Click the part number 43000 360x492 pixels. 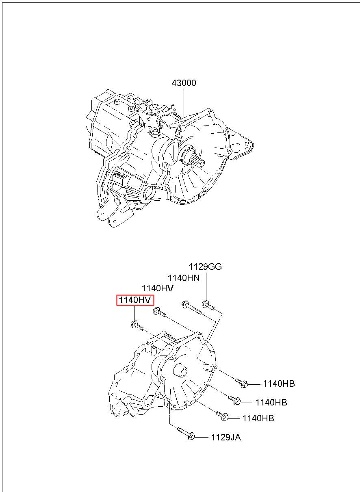coord(184,83)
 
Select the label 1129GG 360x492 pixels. coord(206,267)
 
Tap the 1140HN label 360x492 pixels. coord(184,278)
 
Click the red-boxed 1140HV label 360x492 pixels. coord(135,300)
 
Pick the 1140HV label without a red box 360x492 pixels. coord(157,288)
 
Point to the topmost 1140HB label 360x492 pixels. coord(279,384)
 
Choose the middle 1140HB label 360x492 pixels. coord(271,403)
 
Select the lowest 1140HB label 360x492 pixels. coord(258,418)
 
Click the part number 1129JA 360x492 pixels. coord(226,437)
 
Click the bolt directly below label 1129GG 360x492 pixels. coord(208,305)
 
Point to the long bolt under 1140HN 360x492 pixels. coord(191,308)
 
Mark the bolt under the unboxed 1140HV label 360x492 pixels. coord(159,312)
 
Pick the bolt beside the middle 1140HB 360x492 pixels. coord(234,400)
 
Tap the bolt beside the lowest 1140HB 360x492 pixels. coord(222,416)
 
